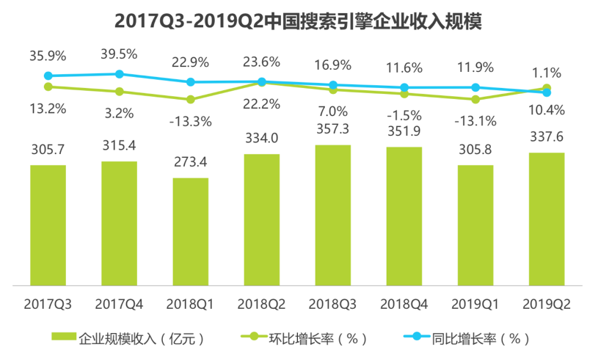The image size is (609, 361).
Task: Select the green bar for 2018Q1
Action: click(x=191, y=230)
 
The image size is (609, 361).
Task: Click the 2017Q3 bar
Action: click(x=48, y=224)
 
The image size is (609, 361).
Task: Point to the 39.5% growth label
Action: click(x=119, y=53)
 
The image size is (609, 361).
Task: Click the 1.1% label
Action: click(x=547, y=73)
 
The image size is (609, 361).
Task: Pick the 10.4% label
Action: click(x=547, y=110)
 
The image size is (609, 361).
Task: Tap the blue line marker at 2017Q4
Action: click(x=119, y=74)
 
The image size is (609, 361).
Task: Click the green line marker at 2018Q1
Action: click(x=191, y=99)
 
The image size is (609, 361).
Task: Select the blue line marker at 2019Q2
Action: click(x=547, y=92)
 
